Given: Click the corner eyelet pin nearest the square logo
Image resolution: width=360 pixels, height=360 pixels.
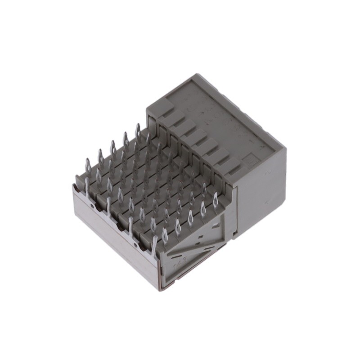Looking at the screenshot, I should pos(216,198).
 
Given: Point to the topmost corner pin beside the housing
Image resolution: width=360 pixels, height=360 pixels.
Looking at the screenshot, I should pos(138,130).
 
